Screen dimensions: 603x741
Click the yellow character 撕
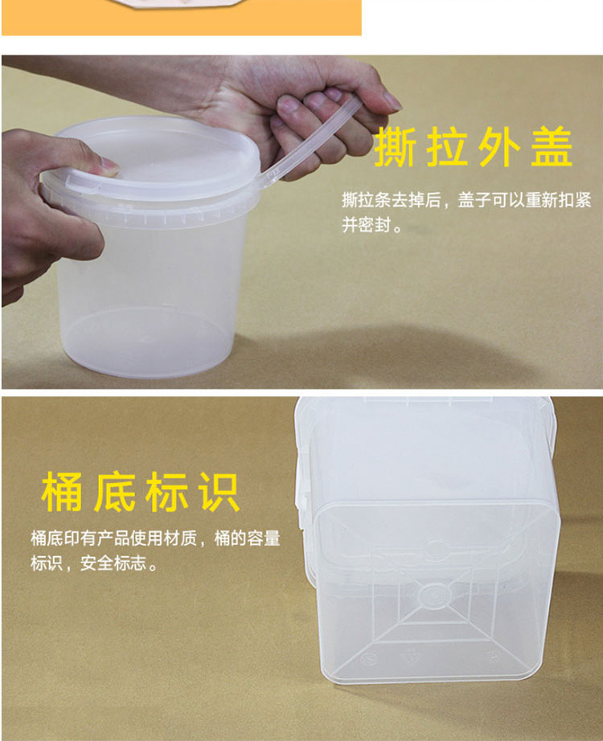click(x=396, y=147)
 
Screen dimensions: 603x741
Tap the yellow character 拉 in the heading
click(x=447, y=147)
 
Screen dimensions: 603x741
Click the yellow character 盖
click(x=552, y=147)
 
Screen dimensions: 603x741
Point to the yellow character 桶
click(x=62, y=492)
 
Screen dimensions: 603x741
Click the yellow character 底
click(x=114, y=492)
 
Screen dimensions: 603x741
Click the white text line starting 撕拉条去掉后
click(x=466, y=200)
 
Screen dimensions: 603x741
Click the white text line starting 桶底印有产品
click(x=156, y=538)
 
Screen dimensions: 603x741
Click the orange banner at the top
click(x=182, y=18)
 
